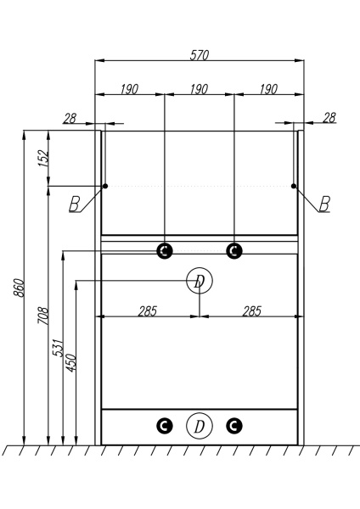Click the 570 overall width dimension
[200, 55]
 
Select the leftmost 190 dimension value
[129, 89]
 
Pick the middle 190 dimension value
[199, 89]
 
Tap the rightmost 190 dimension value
[268, 89]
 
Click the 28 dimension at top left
[70, 119]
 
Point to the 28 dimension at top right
[329, 118]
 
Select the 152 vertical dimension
[43, 159]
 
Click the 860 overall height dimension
[19, 288]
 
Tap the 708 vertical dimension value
[43, 316]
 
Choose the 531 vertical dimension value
[58, 348]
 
